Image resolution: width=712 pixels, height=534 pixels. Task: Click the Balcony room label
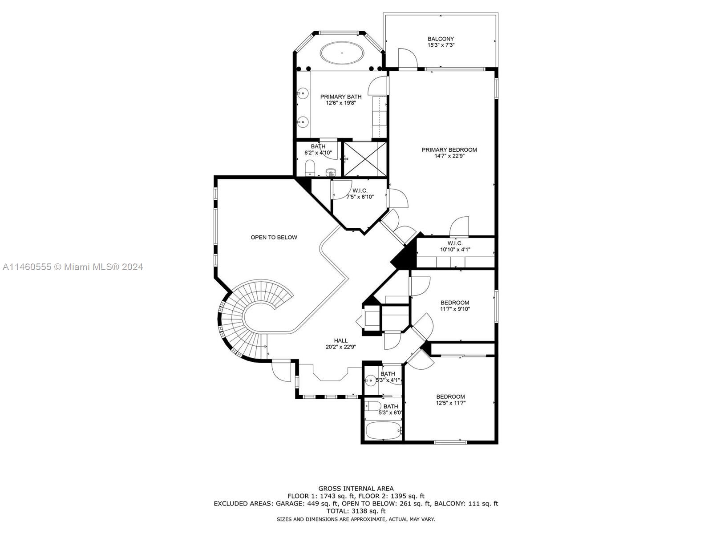pos(441,42)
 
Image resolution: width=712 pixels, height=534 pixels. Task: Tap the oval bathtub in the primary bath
pos(342,53)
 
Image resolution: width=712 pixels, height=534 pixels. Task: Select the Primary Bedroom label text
pos(449,153)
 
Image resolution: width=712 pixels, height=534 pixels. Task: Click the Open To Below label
pos(274,238)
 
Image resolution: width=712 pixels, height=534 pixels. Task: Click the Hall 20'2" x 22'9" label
pos(341,344)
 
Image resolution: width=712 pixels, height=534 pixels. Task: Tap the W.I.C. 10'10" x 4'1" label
pos(455,247)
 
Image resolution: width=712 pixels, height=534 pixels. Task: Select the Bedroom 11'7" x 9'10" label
pos(455,306)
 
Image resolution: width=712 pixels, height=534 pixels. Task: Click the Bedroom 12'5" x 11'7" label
pos(450,400)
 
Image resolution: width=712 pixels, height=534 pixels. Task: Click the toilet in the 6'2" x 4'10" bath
pos(310,168)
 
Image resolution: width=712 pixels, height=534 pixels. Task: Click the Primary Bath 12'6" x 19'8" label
pos(341,100)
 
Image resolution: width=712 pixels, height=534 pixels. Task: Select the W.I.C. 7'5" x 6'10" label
pos(360,194)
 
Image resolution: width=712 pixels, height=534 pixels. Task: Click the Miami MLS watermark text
pos(73,267)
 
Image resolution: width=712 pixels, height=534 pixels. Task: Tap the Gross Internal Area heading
pos(356,489)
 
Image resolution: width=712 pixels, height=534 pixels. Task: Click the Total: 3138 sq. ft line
pos(356,511)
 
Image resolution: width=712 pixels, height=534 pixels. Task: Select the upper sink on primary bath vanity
pos(303,93)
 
